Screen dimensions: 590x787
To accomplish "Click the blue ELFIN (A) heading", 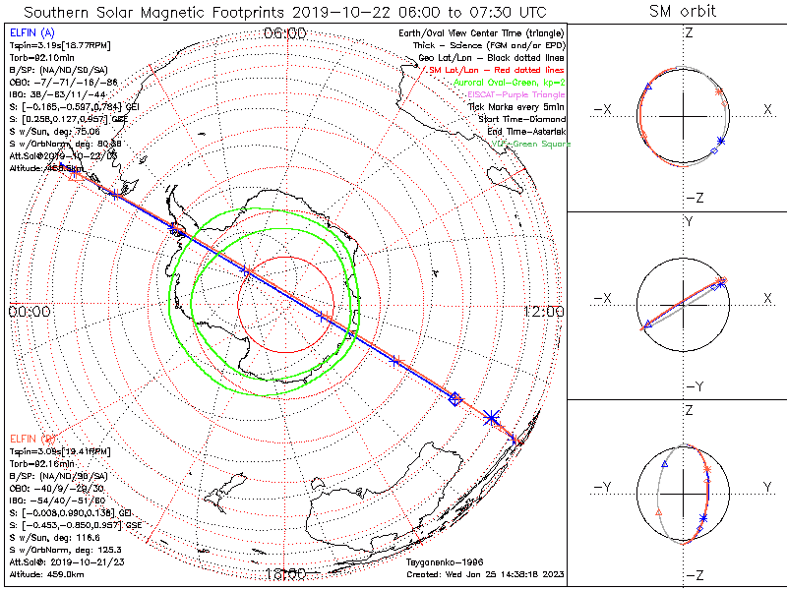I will coord(30,33).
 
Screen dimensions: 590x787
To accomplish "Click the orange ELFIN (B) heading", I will coord(30,436).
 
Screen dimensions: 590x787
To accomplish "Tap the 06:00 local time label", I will coord(285,33).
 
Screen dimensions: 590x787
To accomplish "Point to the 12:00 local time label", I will coord(544,312).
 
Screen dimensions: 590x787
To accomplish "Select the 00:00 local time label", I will coord(30,312).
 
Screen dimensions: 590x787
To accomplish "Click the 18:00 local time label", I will coord(285,574).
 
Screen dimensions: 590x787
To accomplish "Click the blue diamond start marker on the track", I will coord(454,398).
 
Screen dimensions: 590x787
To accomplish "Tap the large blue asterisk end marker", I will coord(492,418).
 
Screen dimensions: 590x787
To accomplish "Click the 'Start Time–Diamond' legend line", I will coord(517,120).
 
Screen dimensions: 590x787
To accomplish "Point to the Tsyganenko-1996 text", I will coord(446,562).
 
